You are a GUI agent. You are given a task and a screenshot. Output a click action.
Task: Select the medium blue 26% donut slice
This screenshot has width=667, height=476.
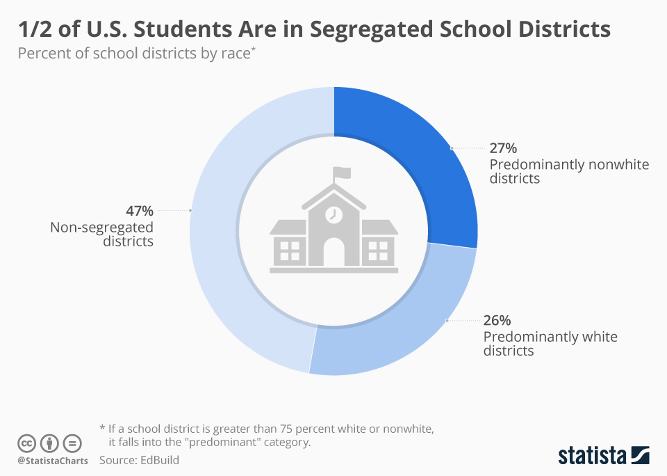click(403, 320)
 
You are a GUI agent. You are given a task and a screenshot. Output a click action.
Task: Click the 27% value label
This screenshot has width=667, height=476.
click(503, 148)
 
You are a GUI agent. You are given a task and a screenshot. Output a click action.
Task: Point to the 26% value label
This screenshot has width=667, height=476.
click(497, 321)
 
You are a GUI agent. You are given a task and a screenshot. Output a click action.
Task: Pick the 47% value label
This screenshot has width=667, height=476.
click(139, 211)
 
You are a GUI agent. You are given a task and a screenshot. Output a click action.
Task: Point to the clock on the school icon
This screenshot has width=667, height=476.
click(334, 214)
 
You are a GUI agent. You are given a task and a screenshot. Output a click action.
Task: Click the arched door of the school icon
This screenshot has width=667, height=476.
click(334, 252)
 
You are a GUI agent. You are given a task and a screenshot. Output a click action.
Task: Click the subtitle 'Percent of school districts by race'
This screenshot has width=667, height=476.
click(135, 54)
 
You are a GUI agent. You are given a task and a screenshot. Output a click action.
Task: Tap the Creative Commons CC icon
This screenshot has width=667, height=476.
click(27, 443)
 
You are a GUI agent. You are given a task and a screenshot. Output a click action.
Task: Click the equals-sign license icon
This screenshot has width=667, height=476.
click(72, 443)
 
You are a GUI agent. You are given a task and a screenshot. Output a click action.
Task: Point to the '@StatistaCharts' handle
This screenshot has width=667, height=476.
click(53, 461)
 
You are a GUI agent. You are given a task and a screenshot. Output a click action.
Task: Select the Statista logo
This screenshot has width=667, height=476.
click(604, 456)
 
